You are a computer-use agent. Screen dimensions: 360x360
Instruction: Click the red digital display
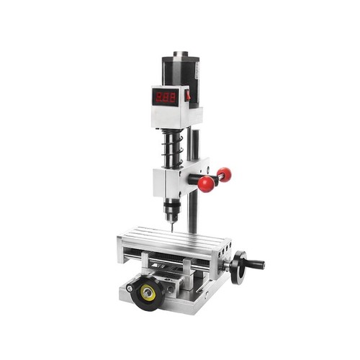(166, 96)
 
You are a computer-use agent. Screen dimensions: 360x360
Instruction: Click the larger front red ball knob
(207, 184)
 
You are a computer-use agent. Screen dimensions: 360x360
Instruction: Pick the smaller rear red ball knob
(224, 174)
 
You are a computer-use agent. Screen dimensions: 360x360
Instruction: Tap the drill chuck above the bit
(171, 208)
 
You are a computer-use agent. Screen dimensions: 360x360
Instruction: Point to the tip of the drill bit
(171, 230)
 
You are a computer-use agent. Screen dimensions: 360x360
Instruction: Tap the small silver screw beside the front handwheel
(130, 288)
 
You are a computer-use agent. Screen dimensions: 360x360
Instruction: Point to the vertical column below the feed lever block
(192, 212)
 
